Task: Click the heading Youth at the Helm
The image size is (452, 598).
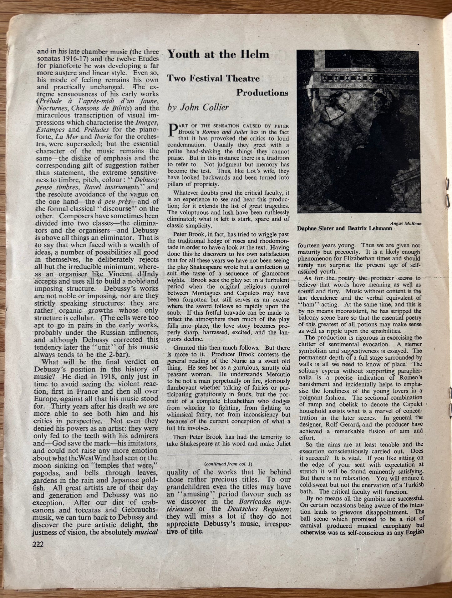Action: pyautogui.click(x=218, y=54)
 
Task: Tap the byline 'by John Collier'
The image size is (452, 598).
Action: pyautogui.click(x=198, y=107)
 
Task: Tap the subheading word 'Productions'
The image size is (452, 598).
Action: pyautogui.click(x=262, y=92)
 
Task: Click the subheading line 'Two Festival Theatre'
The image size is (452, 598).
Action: pyautogui.click(x=213, y=78)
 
